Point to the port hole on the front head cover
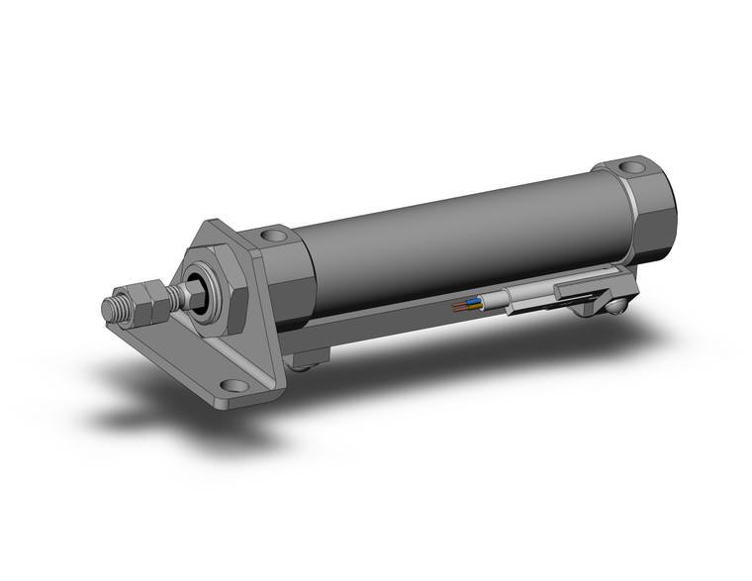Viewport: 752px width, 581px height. (x=273, y=238)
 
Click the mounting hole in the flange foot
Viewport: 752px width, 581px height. (x=233, y=386)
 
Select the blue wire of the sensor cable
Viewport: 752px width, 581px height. (x=472, y=303)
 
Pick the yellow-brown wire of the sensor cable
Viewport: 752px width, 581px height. (x=465, y=309)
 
